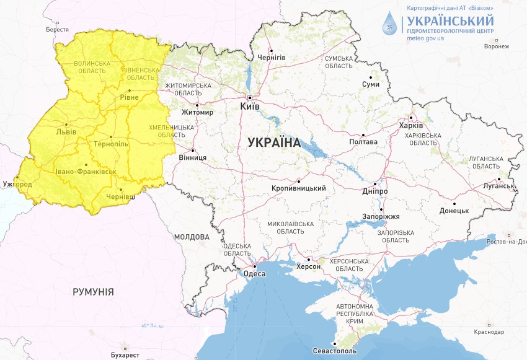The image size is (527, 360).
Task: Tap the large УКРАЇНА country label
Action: tap(273, 142)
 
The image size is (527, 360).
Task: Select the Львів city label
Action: tap(66, 131)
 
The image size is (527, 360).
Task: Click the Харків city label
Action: tap(411, 126)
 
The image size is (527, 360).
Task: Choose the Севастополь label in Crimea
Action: tap(335, 351)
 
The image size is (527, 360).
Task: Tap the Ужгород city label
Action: tap(17, 184)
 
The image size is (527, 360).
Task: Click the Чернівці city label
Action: tap(121, 196)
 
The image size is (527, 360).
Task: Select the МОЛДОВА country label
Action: tap(192, 237)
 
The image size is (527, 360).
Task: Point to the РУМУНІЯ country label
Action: tap(93, 291)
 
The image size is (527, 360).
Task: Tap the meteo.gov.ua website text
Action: tap(425, 38)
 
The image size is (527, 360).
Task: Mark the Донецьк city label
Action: tap(454, 211)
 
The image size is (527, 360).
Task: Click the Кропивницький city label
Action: tap(299, 188)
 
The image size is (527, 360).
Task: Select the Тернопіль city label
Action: tap(110, 144)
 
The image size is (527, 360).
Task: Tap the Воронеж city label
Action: tap(497, 46)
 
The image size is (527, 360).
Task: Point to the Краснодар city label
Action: tap(489, 332)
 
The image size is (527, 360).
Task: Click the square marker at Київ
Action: tap(249, 98)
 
